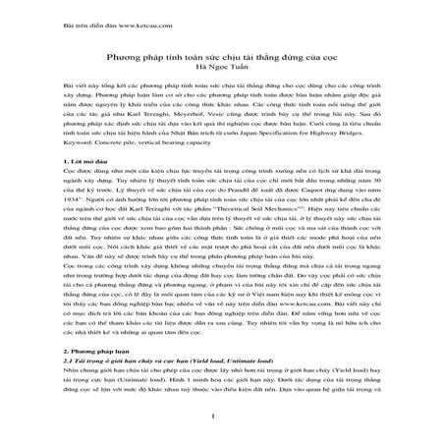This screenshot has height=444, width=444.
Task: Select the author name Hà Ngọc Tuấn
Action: pos(222,68)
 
